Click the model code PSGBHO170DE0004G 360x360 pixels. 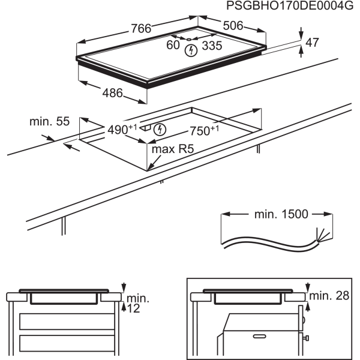[290, 6]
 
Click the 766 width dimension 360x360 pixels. [141, 28]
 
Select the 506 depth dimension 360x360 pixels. [233, 25]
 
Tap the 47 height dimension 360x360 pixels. [312, 43]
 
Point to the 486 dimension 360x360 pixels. [113, 93]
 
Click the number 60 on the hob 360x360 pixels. [173, 45]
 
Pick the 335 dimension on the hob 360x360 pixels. [212, 46]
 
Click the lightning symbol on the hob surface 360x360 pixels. [191, 50]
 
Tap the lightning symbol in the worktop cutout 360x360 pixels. [160, 130]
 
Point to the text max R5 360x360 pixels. [173, 149]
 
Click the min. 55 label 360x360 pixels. [49, 121]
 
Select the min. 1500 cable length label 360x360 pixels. [281, 214]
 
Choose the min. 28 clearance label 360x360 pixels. [329, 296]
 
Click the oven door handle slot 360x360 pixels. [259, 337]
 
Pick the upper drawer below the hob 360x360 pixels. [67, 322]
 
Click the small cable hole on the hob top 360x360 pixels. [189, 39]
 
